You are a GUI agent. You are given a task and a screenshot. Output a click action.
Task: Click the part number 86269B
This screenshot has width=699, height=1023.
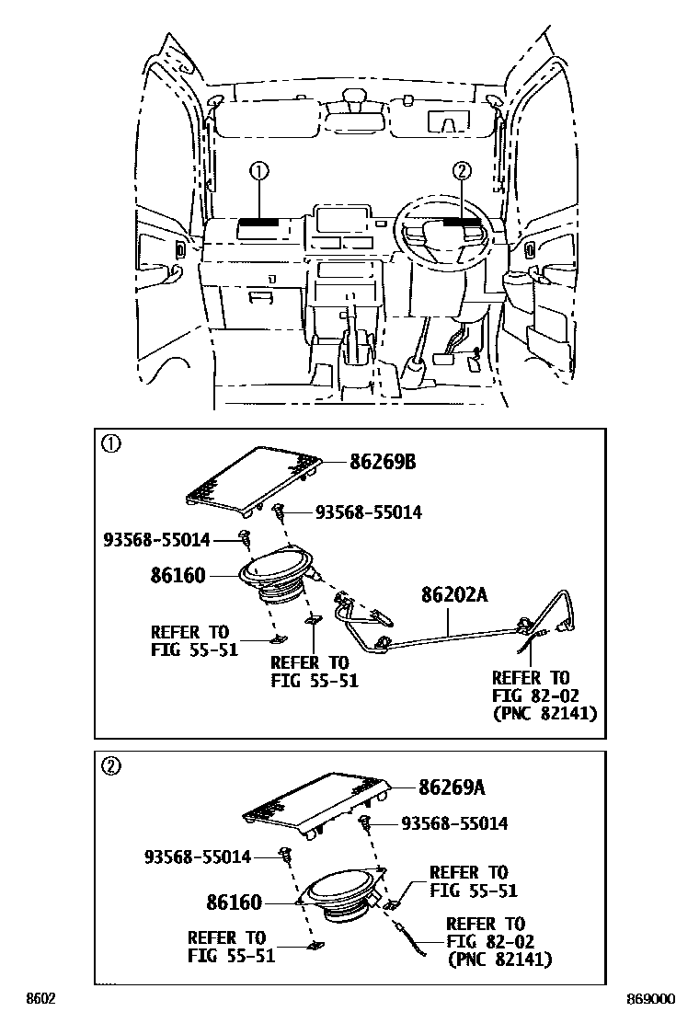[382, 463]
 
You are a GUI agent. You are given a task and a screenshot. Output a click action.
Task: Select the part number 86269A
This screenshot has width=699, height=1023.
[451, 787]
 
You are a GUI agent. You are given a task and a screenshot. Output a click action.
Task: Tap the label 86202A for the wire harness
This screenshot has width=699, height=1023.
[454, 595]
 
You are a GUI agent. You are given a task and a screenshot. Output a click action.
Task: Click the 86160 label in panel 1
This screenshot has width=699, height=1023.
[178, 576]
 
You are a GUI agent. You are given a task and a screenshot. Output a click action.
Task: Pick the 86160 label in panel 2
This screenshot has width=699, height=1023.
[234, 902]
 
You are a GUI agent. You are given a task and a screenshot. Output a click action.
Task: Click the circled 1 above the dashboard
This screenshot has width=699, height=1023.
[259, 170]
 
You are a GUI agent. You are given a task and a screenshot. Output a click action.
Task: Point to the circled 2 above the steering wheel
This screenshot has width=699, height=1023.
[462, 170]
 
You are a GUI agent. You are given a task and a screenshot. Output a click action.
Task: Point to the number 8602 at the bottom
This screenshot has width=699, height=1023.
[40, 998]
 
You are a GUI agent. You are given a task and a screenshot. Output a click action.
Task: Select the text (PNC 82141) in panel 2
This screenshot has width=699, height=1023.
[498, 959]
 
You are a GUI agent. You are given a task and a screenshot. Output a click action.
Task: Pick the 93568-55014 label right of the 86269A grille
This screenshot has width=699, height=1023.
[453, 824]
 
